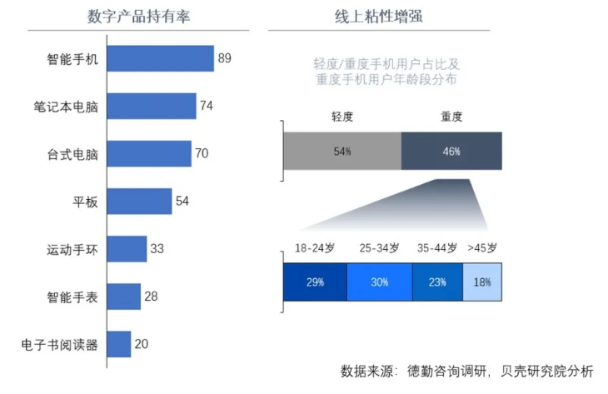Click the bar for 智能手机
[x=160, y=58]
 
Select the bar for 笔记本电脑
[x=152, y=106]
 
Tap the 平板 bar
[x=139, y=201]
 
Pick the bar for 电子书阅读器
[x=119, y=344]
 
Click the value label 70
[x=202, y=153]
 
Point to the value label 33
[x=157, y=248]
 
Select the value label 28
[x=151, y=297]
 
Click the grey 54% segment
[x=342, y=152]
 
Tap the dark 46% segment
[x=451, y=152]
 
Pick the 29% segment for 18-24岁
[x=315, y=282]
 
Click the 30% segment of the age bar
[x=379, y=282]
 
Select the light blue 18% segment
[x=482, y=282]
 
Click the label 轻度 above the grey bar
[x=342, y=117]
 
